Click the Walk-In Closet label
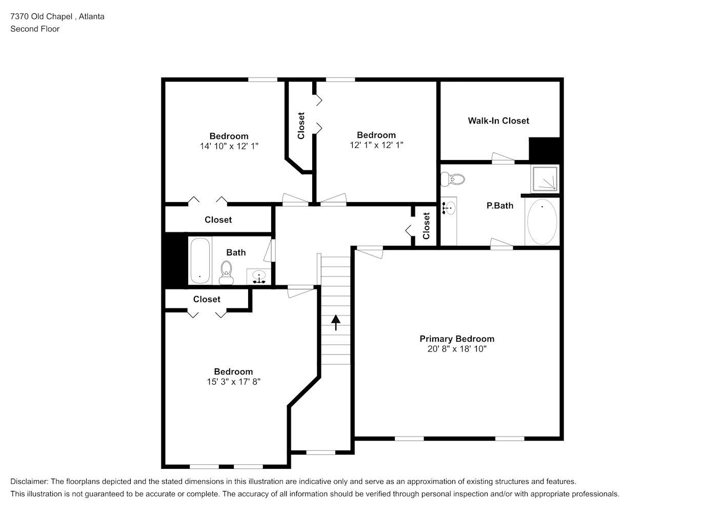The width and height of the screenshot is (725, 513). [498, 121]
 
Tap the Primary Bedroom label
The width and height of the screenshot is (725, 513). [457, 339]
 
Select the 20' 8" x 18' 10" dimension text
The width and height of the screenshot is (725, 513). [457, 349]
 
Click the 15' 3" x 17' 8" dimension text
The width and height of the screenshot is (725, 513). [234, 382]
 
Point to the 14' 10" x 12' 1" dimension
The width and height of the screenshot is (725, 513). [229, 146]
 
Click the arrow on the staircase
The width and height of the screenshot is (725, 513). [336, 323]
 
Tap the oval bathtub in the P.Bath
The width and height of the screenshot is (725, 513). [542, 222]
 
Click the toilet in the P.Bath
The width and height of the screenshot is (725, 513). [453, 179]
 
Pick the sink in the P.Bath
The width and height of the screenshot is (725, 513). [449, 208]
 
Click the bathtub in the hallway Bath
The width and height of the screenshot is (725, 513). [200, 261]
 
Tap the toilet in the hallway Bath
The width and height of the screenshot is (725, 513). [226, 273]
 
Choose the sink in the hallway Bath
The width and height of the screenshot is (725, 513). [259, 277]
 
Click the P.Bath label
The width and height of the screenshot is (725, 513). [500, 206]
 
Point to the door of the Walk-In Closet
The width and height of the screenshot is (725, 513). [503, 158]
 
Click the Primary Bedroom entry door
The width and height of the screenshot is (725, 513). [370, 252]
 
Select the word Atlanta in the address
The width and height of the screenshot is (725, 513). [92, 16]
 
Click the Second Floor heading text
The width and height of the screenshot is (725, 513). [35, 29]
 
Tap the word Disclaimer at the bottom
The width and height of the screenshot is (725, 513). [29, 482]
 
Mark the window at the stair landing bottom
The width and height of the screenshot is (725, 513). [321, 452]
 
